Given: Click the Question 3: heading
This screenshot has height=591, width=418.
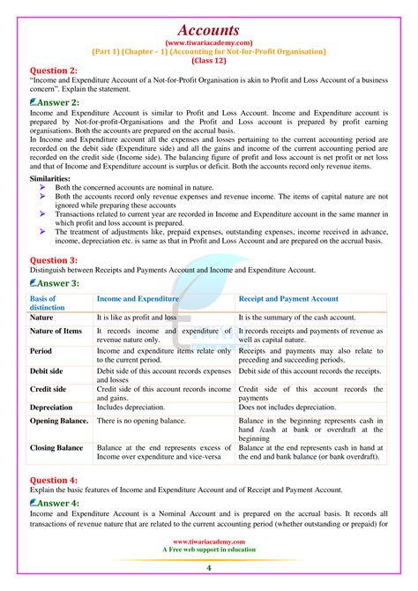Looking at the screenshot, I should point(53,261).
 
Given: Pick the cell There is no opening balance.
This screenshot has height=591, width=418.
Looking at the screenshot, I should point(142,421).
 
